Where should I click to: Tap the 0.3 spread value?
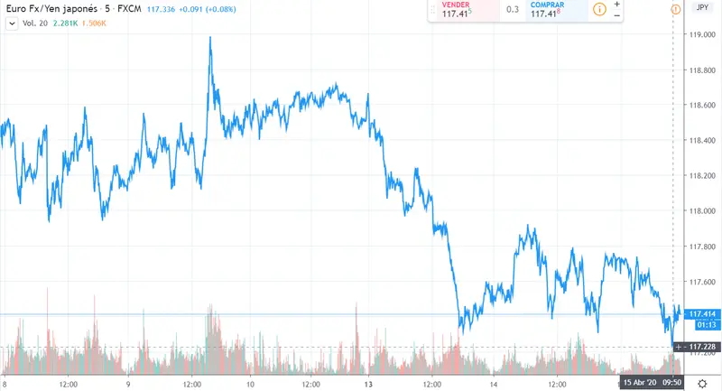(x=513, y=10)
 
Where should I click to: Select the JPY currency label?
(x=701, y=8)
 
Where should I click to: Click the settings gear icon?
(x=701, y=383)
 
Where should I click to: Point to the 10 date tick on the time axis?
(x=250, y=383)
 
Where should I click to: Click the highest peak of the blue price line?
(x=210, y=38)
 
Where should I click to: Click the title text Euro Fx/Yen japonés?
(x=49, y=9)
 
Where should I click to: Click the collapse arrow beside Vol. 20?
(x=12, y=23)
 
